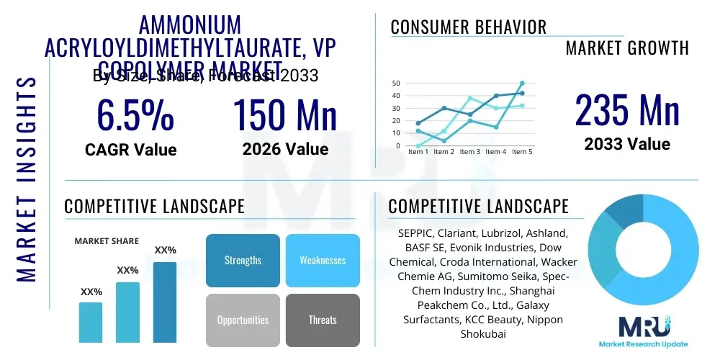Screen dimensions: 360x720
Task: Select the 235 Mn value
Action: coord(627,111)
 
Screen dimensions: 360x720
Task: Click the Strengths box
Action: coord(243,260)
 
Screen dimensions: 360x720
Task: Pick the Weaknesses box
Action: coord(323,260)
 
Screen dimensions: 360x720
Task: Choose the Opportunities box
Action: coord(243,320)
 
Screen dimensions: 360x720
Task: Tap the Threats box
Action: coord(323,320)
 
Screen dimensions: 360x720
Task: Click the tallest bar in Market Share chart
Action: coord(165,302)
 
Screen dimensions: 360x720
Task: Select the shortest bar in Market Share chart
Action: coord(91,322)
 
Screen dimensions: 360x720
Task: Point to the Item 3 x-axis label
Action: coord(469,152)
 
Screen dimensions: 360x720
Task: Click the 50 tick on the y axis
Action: coord(395,84)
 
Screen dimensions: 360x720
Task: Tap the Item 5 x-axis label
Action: coord(521,152)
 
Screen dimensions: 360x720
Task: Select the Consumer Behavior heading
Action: coord(468,27)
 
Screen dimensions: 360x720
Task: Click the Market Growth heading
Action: coord(627,48)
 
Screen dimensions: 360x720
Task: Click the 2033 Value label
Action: coord(627,144)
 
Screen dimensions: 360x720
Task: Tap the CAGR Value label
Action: coord(130,150)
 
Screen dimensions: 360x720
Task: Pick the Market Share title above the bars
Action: coord(107,241)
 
